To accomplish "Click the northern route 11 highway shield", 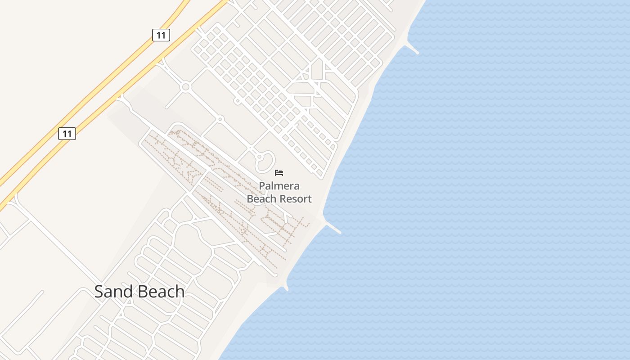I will pyautogui.click(x=161, y=35).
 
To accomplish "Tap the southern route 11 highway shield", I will pyautogui.click(x=67, y=133).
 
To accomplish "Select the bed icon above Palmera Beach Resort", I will pyautogui.click(x=279, y=172).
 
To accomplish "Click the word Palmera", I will pyautogui.click(x=279, y=186).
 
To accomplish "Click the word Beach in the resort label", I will pyautogui.click(x=261, y=198).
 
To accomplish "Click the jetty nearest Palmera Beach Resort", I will pyautogui.click(x=333, y=228).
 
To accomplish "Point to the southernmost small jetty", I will pyautogui.click(x=285, y=287).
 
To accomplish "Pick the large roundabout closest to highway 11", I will pyautogui.click(x=185, y=86).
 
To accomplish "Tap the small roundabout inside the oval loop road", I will pyautogui.click(x=259, y=157).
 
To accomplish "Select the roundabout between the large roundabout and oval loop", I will pyautogui.click(x=220, y=119).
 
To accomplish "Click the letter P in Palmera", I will pyautogui.click(x=262, y=186).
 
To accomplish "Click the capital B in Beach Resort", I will pyautogui.click(x=250, y=198).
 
